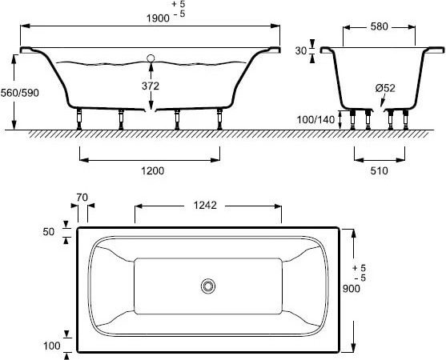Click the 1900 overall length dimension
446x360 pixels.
[158, 18]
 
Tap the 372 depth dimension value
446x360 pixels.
[151, 86]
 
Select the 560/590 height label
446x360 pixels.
[20, 93]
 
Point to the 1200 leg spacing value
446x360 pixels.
[153, 170]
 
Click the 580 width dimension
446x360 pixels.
[380, 26]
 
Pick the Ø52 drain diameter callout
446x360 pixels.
[385, 88]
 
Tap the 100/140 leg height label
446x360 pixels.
[315, 120]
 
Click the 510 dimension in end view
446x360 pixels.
[380, 170]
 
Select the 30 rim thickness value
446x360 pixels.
[301, 51]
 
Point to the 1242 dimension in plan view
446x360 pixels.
[205, 205]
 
